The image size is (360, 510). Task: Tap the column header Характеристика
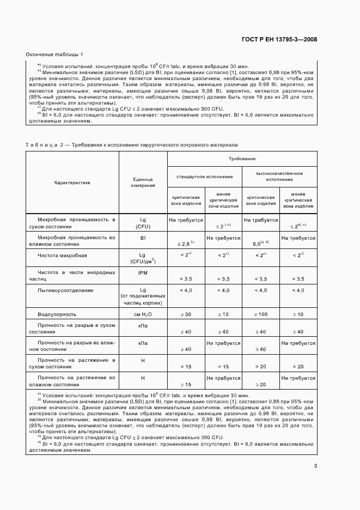tap(72, 183)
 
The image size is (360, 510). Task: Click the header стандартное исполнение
tap(204, 177)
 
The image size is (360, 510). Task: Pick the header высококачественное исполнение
tap(280, 177)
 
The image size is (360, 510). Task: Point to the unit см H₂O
tap(143, 314)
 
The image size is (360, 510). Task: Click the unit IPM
tap(143, 272)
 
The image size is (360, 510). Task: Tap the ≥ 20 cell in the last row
tap(259, 384)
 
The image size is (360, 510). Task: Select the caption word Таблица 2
tap(44, 144)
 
